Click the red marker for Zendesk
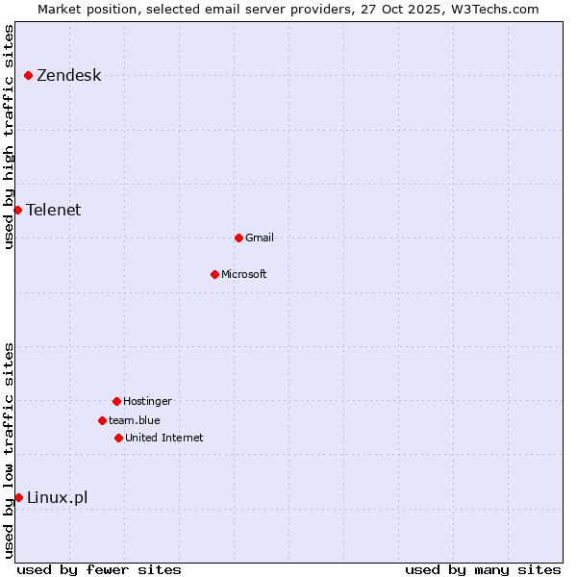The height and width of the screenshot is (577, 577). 29,75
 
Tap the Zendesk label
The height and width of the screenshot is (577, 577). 68,76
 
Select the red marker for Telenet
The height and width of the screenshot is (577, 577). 17,210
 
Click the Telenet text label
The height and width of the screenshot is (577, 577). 53,210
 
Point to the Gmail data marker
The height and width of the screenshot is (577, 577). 238,238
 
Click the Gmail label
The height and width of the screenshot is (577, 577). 260,238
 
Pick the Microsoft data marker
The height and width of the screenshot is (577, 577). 214,274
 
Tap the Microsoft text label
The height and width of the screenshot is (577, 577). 243,274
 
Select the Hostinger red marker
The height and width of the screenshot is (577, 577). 116,401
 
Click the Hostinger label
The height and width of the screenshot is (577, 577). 147,401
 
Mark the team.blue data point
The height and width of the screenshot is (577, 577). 102,420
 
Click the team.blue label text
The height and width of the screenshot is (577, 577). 134,420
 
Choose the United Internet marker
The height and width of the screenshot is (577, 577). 118,438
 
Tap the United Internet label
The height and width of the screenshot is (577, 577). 163,438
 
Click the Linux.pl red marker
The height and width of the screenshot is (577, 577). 18,497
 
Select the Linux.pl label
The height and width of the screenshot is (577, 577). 57,497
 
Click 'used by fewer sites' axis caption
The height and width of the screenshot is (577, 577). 99,569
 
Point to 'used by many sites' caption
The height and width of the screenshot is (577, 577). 483,569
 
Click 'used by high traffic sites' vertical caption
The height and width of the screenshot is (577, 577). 9,137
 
